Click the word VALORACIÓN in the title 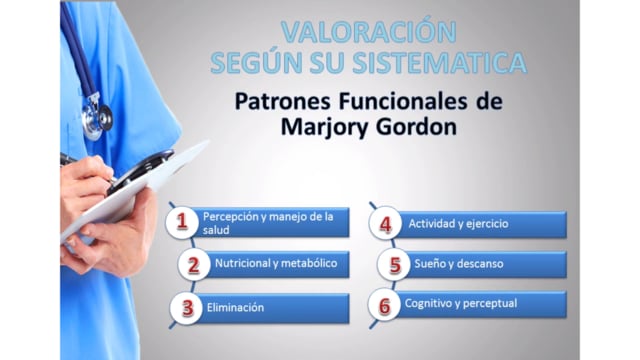click(369, 32)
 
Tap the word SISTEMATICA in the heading click(440, 62)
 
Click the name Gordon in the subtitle click(416, 127)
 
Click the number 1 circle click(182, 222)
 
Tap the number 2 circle click(194, 264)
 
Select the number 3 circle click(187, 308)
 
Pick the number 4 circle click(385, 224)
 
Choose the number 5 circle click(394, 264)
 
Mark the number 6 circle click(384, 305)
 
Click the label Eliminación click(235, 307)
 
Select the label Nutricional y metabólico click(276, 263)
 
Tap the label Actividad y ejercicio click(458, 224)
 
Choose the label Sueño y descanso click(459, 264)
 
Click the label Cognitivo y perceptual click(461, 303)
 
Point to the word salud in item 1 click(216, 230)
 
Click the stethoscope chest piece click(97, 118)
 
